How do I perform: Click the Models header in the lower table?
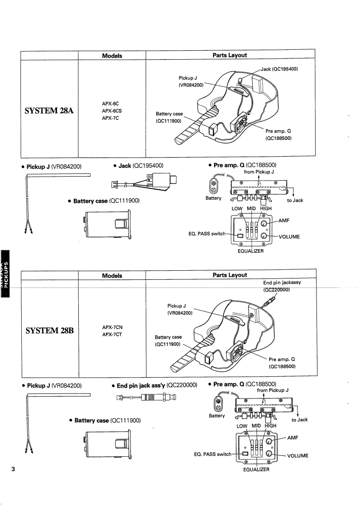coord(112,275)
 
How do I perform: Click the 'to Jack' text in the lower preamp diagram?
coord(299,420)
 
